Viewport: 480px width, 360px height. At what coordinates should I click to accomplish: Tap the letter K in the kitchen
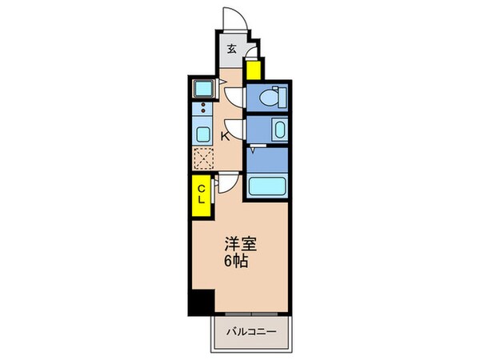point(225,136)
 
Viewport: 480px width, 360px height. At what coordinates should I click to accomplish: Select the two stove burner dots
point(202,106)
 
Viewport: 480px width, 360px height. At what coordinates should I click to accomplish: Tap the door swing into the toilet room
point(234,96)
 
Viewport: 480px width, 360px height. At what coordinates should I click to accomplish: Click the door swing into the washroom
point(234,128)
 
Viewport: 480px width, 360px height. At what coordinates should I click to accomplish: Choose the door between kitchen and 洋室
point(228,182)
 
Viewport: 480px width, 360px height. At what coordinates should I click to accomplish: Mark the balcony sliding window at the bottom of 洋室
point(251,314)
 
